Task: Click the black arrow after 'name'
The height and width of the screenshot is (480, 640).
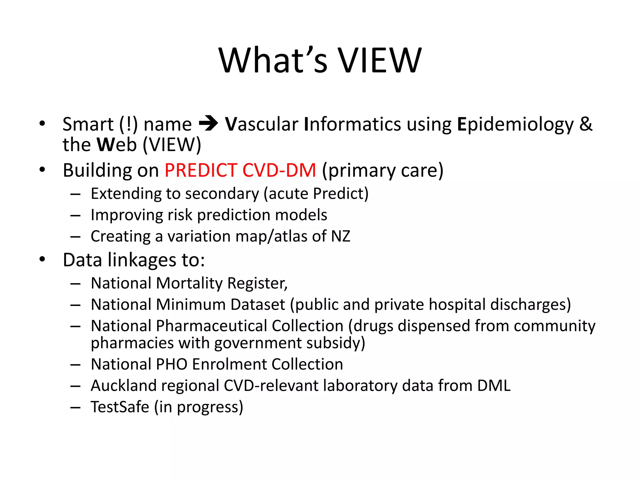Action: click(208, 124)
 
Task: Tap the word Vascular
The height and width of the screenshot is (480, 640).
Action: click(262, 124)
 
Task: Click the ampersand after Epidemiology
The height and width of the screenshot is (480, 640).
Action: click(586, 124)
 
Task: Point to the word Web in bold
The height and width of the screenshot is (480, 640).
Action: click(117, 145)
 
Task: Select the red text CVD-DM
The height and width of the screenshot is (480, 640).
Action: click(279, 170)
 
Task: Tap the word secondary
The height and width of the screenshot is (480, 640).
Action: click(222, 194)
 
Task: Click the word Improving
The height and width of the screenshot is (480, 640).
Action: click(127, 215)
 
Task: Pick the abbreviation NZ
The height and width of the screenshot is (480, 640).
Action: click(341, 236)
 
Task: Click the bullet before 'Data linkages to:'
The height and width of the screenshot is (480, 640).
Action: click(42, 259)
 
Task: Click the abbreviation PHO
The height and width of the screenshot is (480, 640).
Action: click(172, 364)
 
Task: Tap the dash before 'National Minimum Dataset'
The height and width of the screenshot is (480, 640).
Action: click(75, 305)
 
